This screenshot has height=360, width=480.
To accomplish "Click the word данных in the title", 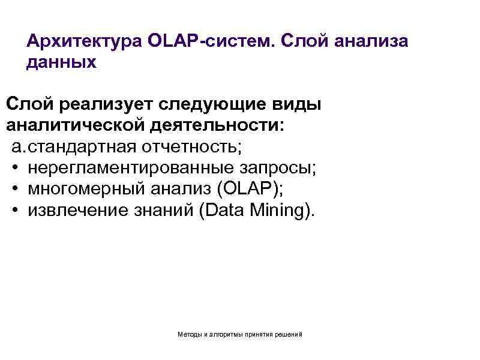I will (61, 62).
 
